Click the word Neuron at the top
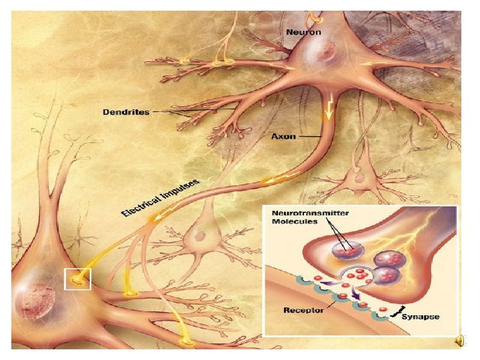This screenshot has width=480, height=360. [x=303, y=32]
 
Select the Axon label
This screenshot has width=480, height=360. [x=284, y=136]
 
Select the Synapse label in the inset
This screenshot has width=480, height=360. [x=420, y=317]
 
